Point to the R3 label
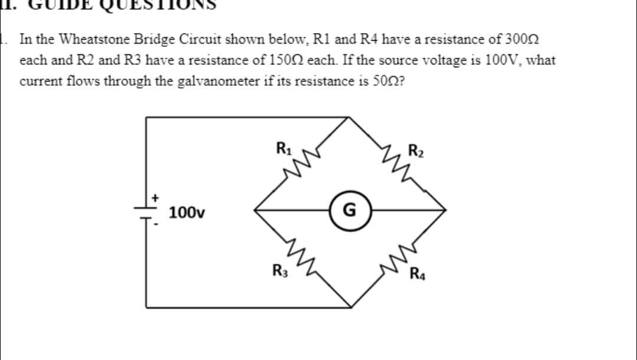click(x=279, y=272)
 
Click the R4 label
click(x=418, y=273)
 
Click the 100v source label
click(x=186, y=212)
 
